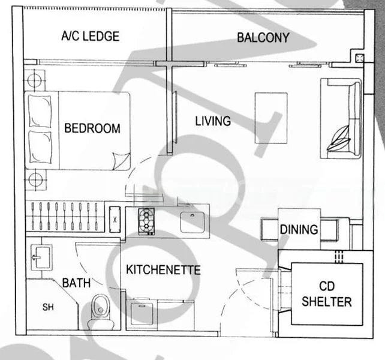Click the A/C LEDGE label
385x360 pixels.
90,36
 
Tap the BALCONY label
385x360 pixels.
263,38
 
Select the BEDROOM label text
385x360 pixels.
92,128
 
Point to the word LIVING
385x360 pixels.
213,121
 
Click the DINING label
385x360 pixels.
299,229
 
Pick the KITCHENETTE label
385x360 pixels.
163,270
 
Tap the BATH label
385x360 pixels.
77,282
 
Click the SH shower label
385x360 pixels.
47,308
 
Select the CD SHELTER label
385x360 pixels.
327,294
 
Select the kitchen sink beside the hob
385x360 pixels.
191,221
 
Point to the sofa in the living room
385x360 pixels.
341,118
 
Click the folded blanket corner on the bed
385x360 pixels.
121,160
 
